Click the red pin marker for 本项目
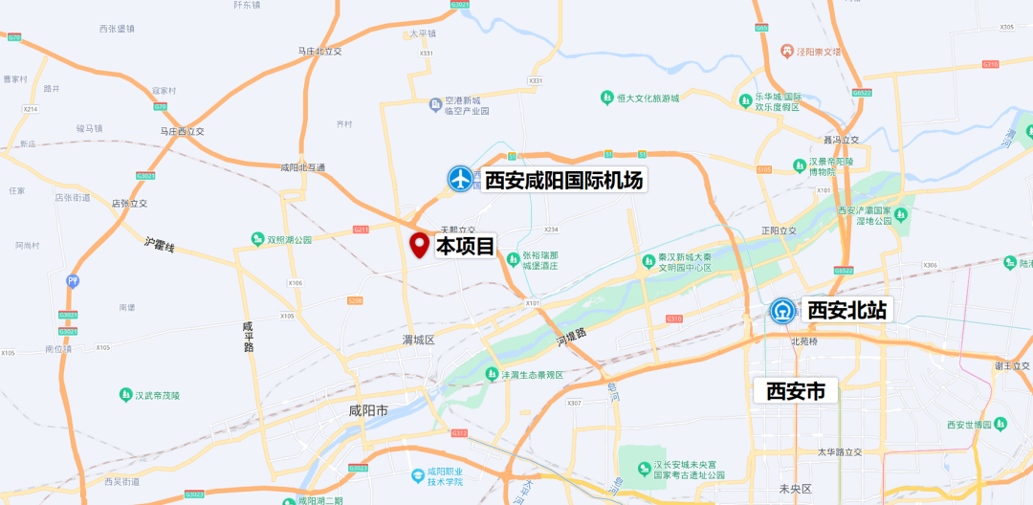pyautogui.click(x=419, y=245)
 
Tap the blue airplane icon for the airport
pyautogui.click(x=461, y=179)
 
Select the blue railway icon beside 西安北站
pyautogui.click(x=783, y=310)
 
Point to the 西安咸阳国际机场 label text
pyautogui.click(x=563, y=180)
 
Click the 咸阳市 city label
pyautogui.click(x=368, y=411)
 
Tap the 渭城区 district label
pyautogui.click(x=418, y=340)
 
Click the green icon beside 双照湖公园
pyautogui.click(x=257, y=239)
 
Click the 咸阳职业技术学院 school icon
pyautogui.click(x=417, y=475)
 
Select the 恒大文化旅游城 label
pyautogui.click(x=647, y=98)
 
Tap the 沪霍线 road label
pyautogui.click(x=160, y=246)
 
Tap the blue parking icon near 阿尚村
pyautogui.click(x=73, y=281)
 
